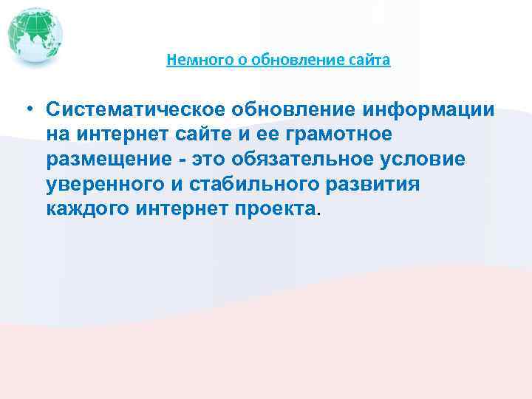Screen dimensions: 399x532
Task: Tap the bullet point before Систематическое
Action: pos(26,110)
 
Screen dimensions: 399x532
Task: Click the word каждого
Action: pos(88,209)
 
